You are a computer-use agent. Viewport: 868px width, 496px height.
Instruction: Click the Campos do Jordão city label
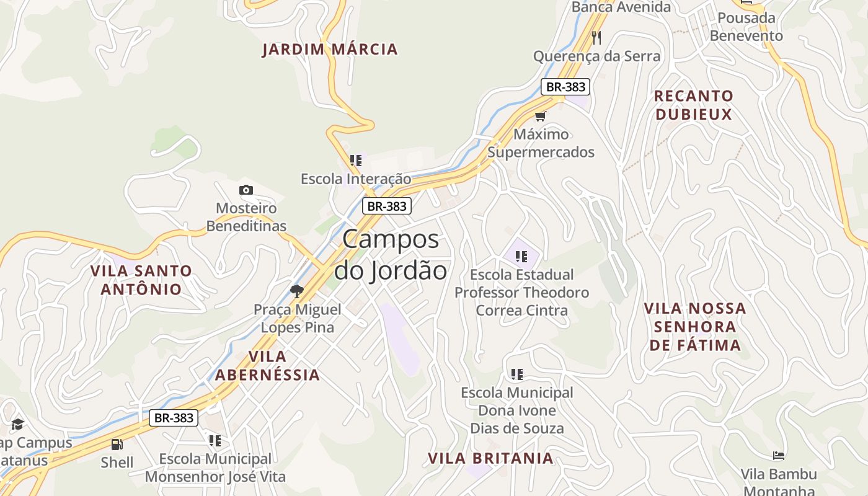tap(391, 255)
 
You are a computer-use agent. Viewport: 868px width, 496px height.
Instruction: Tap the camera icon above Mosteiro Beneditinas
tap(246, 190)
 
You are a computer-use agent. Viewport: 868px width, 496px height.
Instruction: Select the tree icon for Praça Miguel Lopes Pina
tap(297, 291)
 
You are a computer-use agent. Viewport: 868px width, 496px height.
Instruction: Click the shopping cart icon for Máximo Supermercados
tap(541, 116)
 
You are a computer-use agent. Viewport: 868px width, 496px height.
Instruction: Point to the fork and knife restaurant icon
tap(596, 38)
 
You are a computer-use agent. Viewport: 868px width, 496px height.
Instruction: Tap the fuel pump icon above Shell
tap(117, 444)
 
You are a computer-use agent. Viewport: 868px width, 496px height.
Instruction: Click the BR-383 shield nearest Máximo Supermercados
tap(564, 87)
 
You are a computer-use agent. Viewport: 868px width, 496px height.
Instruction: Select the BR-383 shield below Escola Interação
tap(387, 206)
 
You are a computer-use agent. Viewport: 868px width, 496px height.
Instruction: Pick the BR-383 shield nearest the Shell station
tap(174, 418)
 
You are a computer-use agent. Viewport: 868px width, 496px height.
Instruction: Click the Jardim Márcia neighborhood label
tap(330, 50)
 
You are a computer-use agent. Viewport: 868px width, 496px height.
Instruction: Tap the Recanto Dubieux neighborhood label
tap(694, 105)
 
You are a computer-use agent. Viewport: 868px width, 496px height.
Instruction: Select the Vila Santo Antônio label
tap(141, 280)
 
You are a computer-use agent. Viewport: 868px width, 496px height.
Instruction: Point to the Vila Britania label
tap(490, 458)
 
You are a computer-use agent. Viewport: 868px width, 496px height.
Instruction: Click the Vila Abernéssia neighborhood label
tap(267, 365)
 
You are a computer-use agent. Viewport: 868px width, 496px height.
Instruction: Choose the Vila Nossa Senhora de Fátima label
tap(694, 327)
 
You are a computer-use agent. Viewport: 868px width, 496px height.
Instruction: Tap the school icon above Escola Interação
tap(356, 161)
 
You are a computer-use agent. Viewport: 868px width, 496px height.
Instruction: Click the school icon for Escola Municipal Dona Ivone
tap(517, 374)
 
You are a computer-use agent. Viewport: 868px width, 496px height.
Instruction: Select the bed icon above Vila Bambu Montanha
tap(779, 456)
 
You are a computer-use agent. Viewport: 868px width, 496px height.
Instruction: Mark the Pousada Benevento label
tap(746, 27)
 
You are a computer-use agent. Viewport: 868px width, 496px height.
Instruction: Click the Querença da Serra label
tap(596, 56)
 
